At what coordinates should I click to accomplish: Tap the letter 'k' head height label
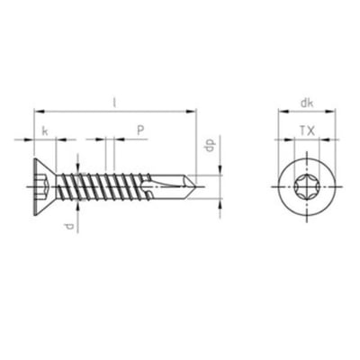point(44,131)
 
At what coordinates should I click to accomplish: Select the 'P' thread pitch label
point(140,131)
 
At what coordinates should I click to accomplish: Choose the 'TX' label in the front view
point(306,131)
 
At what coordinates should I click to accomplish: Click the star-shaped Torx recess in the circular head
point(306,187)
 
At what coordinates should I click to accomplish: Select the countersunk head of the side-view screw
point(45,187)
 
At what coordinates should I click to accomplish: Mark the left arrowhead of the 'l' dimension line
point(36,112)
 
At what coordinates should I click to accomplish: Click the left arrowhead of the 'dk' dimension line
point(275,112)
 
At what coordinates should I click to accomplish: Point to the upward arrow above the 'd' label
point(80,202)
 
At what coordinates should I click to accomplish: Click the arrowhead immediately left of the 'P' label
point(119,139)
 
